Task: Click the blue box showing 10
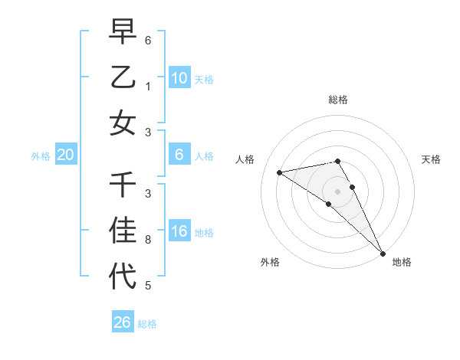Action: (x=179, y=77)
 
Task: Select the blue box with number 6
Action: (x=179, y=155)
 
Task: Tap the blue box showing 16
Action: (x=179, y=232)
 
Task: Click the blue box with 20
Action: (x=66, y=155)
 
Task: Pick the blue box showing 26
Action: (x=123, y=322)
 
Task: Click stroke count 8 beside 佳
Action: (x=148, y=240)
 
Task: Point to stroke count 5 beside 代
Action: (x=148, y=286)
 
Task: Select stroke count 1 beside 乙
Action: (x=148, y=87)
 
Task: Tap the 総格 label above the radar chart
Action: (x=338, y=100)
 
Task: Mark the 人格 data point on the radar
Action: (x=279, y=172)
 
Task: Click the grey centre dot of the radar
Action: (x=338, y=191)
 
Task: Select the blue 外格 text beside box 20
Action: (x=41, y=156)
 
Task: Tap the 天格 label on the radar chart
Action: (x=431, y=159)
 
